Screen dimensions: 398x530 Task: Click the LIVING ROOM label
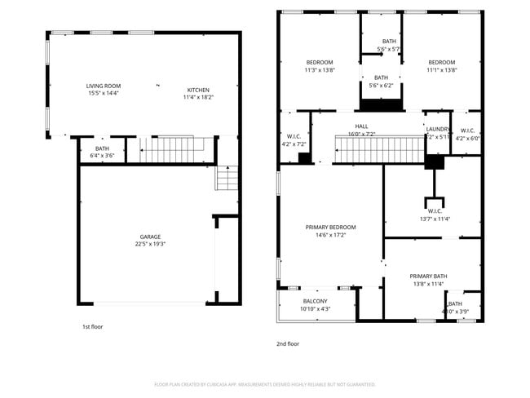(x=104, y=86)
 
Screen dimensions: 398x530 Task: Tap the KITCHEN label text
(x=198, y=90)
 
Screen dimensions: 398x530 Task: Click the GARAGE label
(x=149, y=237)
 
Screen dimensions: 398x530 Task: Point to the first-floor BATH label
(x=102, y=148)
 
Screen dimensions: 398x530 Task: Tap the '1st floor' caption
(x=92, y=326)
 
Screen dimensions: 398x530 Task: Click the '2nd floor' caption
(x=288, y=343)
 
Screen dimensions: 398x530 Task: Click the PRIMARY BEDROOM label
(x=330, y=227)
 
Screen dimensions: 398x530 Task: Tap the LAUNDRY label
(x=438, y=129)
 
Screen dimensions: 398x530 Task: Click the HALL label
(x=361, y=126)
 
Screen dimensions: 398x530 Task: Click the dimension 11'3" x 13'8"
(x=320, y=70)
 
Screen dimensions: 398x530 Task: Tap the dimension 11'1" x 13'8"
(x=442, y=70)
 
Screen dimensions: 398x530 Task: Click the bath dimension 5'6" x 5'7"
(x=389, y=49)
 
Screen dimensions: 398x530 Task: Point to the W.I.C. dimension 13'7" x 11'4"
(x=435, y=219)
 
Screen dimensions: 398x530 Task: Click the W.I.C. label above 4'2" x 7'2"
(x=294, y=136)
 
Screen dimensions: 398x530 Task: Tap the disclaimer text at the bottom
(x=265, y=384)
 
